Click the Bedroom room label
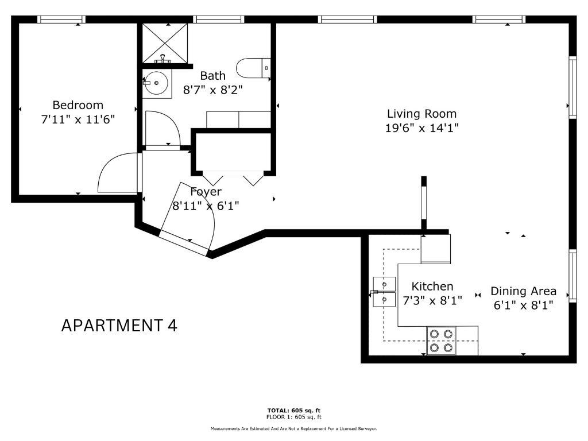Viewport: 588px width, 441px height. click(78, 105)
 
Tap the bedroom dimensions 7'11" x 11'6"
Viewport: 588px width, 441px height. click(78, 119)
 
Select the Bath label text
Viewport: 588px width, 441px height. click(212, 76)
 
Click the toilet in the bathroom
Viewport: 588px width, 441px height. click(253, 68)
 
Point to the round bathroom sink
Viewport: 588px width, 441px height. click(156, 83)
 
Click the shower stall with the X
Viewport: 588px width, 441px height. click(165, 43)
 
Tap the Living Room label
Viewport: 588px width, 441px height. click(422, 114)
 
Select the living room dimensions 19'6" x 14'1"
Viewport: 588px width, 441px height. click(422, 128)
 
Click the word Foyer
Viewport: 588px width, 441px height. click(206, 192)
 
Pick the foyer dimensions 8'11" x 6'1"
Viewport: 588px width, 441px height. click(206, 206)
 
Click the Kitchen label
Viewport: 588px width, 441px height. click(432, 287)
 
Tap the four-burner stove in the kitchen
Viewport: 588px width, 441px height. click(441, 341)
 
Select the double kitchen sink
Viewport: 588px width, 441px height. click(384, 292)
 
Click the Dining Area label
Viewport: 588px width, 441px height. click(524, 291)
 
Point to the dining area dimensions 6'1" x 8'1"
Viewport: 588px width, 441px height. click(524, 305)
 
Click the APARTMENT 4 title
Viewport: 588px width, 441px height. click(119, 326)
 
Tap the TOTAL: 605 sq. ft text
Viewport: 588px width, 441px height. click(294, 411)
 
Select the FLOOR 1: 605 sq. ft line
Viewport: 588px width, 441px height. click(294, 417)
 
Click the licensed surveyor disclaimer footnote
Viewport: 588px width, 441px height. click(294, 428)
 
